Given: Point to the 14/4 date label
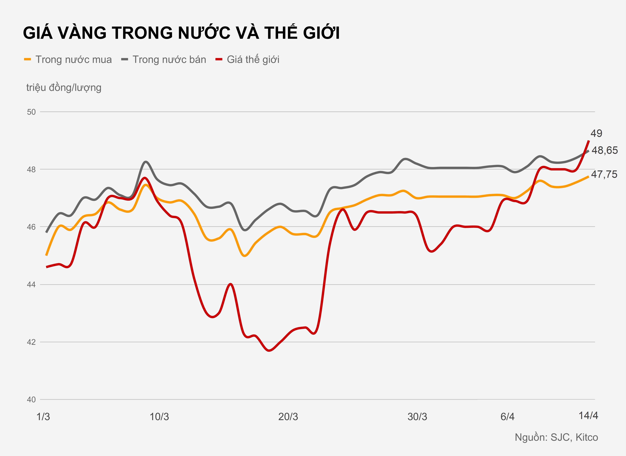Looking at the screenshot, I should point(588,416).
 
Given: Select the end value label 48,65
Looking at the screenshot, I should point(604,150).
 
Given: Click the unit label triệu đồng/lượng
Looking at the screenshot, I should point(64,88).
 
